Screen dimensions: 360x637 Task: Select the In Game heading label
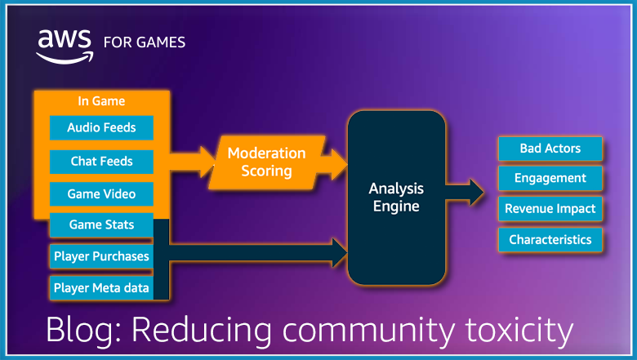101,101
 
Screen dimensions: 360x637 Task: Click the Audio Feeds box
101,128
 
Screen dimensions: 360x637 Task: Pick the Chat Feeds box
101,162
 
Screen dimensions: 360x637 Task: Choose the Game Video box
101,194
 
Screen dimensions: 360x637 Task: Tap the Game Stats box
101,224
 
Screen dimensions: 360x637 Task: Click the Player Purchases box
101,256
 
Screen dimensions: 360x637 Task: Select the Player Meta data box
101,287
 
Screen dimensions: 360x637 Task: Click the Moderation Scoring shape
265,162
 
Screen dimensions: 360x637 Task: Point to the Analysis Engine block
396,197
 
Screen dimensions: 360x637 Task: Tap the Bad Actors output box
550,149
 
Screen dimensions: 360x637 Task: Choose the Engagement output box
550,178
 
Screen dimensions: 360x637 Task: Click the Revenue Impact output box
550,208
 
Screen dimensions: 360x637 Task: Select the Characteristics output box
550,239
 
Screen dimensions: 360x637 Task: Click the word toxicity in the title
511,331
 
